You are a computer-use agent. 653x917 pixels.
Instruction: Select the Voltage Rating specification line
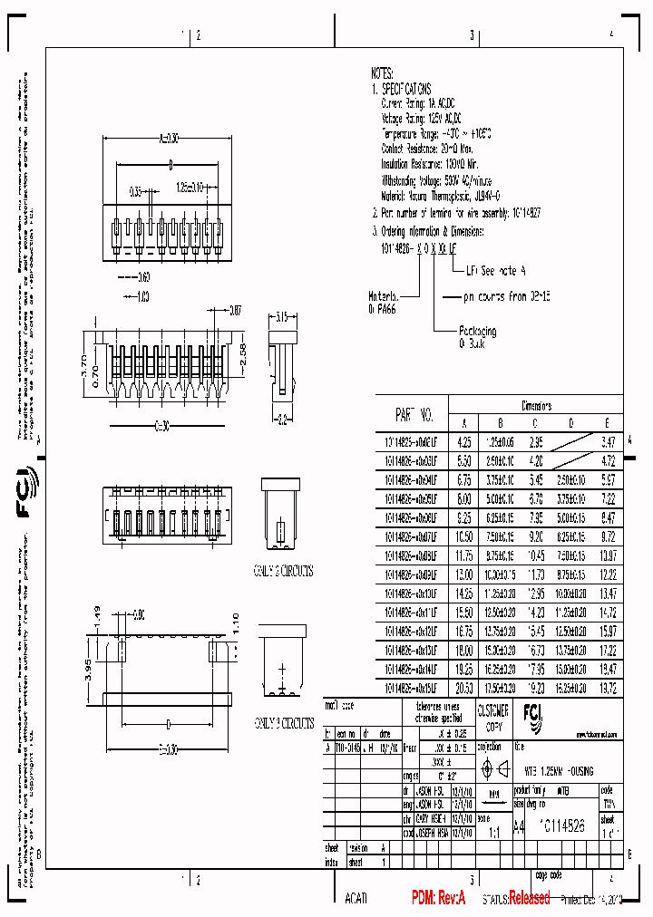(422, 118)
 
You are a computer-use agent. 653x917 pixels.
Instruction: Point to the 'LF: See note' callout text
(496, 270)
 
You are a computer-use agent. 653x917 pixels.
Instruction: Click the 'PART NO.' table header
(414, 416)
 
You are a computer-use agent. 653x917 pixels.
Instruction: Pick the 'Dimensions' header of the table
(536, 406)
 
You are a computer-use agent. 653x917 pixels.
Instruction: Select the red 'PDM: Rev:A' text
(438, 898)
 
